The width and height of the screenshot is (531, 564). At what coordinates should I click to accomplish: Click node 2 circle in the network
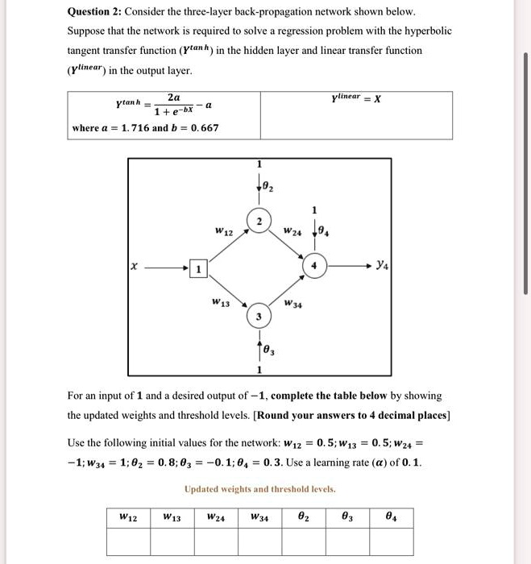tap(259, 222)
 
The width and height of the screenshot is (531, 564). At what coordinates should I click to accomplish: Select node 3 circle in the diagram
tap(259, 317)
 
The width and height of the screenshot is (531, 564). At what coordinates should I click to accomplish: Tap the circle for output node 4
tap(314, 266)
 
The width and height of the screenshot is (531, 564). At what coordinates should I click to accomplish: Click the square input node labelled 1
tap(197, 268)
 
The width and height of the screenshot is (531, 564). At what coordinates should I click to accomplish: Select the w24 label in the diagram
tap(292, 232)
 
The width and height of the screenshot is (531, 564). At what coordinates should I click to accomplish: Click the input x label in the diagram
tap(135, 266)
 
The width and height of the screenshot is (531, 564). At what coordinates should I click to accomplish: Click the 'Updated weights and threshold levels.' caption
tap(260, 489)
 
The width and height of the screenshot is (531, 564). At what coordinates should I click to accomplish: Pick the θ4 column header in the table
tap(391, 516)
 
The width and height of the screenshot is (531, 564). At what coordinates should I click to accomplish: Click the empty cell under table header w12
tap(128, 541)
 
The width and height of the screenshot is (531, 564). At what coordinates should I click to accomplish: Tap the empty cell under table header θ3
tap(347, 541)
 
